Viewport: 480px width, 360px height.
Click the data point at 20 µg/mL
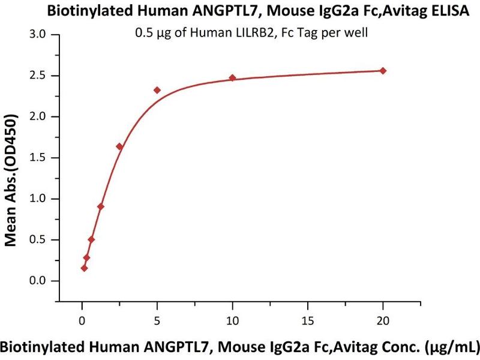click(x=383, y=71)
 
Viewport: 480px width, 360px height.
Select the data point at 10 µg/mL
click(x=233, y=78)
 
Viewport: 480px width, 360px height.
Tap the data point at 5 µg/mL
click(x=157, y=90)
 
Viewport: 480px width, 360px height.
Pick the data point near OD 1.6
click(x=119, y=146)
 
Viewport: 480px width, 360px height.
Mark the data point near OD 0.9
click(x=101, y=206)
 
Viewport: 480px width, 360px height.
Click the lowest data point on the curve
click(x=84, y=268)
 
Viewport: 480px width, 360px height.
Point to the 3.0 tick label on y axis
click(x=38, y=34)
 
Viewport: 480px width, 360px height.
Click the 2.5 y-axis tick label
click(x=38, y=76)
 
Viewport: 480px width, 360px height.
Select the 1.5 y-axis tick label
click(x=38, y=158)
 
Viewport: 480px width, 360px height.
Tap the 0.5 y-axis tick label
click(x=38, y=240)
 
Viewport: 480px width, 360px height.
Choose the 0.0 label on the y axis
click(x=38, y=281)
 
